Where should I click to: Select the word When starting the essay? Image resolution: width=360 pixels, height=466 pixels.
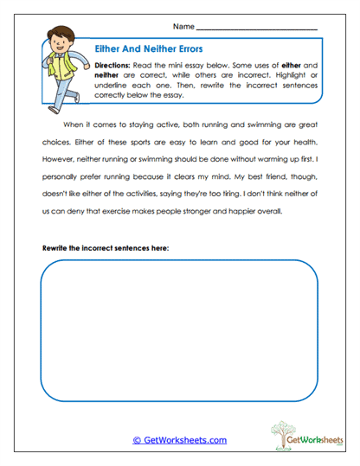76,125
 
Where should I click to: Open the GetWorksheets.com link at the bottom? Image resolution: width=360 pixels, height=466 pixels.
179,440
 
